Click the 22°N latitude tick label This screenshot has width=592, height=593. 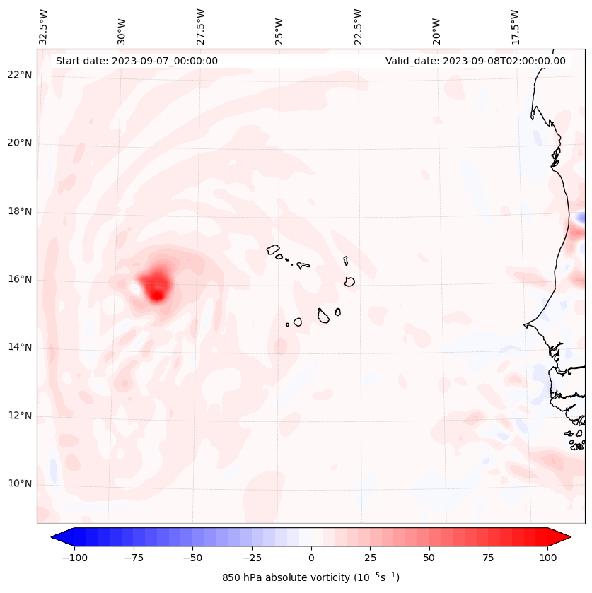(x=20, y=76)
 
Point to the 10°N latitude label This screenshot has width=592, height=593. (x=20, y=483)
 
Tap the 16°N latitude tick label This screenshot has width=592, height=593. (x=20, y=279)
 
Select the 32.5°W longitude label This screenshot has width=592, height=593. (x=44, y=27)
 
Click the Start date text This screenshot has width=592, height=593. (x=137, y=61)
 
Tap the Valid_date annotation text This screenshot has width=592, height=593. (x=475, y=61)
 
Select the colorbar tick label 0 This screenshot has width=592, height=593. (x=311, y=558)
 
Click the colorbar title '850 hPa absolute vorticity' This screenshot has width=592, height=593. (x=310, y=577)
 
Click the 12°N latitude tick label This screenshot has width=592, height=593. (x=20, y=416)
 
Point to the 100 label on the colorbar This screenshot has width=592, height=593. (x=548, y=558)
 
